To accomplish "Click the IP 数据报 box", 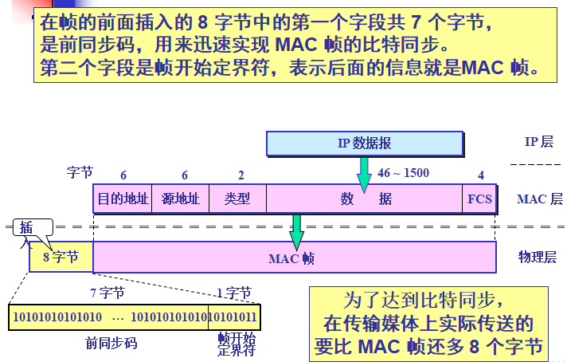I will tap(364, 144).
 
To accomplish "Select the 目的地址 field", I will tap(123, 199).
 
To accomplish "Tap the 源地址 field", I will tap(180, 199).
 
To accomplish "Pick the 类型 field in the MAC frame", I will tap(237, 199).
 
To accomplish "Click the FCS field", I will tap(479, 199).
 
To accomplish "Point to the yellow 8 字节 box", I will tap(61, 258).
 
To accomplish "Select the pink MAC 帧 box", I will tap(291, 258).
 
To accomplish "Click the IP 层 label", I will tap(538, 142).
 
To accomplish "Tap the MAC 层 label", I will tap(539, 199).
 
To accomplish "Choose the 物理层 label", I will tap(537, 257).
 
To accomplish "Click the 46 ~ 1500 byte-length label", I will tap(403, 173).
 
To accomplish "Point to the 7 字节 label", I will tap(107, 293).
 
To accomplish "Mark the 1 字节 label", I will tap(233, 293).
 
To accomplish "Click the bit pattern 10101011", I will tap(234, 317).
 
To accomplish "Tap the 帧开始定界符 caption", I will tap(237, 344).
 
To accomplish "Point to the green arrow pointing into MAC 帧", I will tap(297, 231).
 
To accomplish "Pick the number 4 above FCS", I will tap(480, 175).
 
